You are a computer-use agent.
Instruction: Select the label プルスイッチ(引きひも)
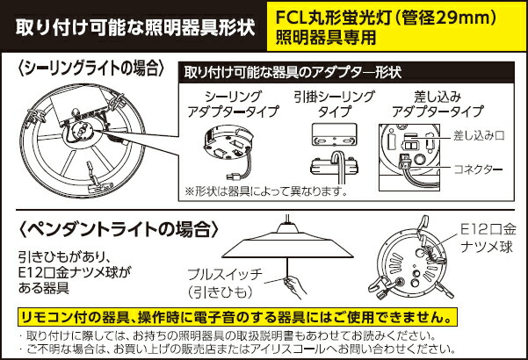click(x=220, y=282)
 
